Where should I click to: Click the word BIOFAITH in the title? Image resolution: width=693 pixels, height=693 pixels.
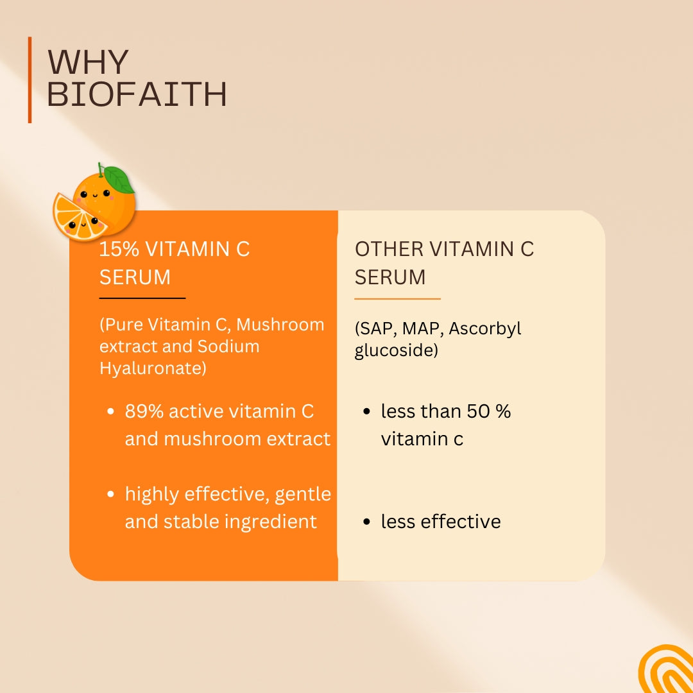tap(137, 94)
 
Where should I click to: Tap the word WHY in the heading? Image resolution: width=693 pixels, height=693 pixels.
tap(88, 62)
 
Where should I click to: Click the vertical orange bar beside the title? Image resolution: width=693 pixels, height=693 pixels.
tap(30, 80)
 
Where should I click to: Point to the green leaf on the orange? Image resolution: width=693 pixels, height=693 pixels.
tap(119, 180)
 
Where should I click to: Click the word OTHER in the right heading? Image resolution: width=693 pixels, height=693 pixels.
tap(389, 249)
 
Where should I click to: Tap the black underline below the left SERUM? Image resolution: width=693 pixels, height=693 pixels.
tap(142, 298)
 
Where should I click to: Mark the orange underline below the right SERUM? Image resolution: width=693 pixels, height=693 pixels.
tap(397, 299)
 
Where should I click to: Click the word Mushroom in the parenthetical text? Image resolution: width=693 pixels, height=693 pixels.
tap(280, 325)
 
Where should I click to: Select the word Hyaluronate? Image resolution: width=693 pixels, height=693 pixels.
tap(153, 368)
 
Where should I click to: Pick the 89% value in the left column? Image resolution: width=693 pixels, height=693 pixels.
tap(144, 411)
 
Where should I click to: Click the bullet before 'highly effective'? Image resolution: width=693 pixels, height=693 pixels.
tap(110, 493)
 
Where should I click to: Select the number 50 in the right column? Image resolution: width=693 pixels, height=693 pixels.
tap(478, 411)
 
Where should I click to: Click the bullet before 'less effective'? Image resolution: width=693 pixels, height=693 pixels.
tap(366, 522)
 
